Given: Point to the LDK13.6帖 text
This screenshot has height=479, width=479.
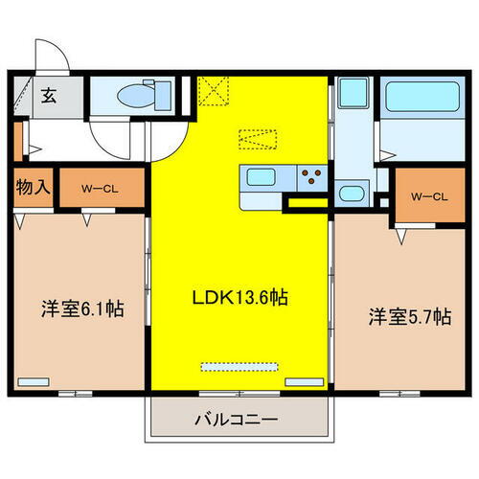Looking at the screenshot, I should pyautogui.click(x=239, y=299).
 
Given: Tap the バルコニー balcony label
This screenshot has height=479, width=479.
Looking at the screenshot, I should pyautogui.click(x=234, y=420).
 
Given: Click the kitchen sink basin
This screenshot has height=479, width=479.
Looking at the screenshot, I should pyautogui.click(x=261, y=176).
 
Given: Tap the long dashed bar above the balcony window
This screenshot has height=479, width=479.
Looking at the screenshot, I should pyautogui.click(x=238, y=366).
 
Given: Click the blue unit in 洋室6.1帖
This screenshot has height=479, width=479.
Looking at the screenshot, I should pyautogui.click(x=34, y=382).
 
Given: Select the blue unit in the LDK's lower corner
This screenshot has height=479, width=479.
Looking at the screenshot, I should pyautogui.click(x=305, y=382).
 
